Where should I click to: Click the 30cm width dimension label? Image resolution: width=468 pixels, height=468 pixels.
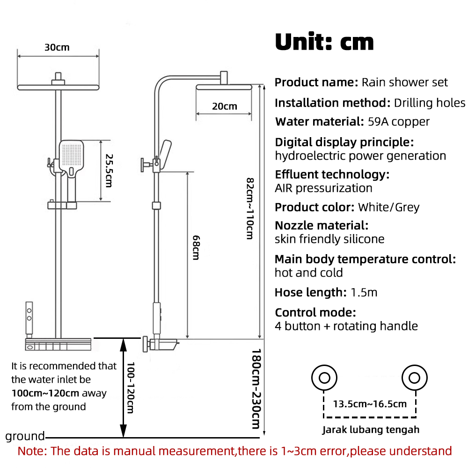point(57,47)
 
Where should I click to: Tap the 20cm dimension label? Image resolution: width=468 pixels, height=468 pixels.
point(224,106)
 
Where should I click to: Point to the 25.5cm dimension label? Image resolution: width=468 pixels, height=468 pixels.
point(109,170)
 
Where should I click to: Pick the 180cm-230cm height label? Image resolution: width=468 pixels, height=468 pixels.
point(255,388)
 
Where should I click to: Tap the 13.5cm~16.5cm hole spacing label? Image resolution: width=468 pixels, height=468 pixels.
point(370,403)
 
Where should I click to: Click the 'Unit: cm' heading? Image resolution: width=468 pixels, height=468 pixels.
point(324,42)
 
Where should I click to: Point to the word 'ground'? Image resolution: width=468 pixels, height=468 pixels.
point(25,436)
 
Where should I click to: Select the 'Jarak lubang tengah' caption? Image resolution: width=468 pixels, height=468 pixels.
point(371,429)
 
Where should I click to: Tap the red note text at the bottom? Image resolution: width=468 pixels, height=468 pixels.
point(234,451)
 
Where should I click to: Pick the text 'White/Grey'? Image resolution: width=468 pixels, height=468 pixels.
point(388,207)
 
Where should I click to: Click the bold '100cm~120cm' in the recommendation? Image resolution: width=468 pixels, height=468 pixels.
point(45,393)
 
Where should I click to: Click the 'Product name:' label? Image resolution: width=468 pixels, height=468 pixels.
point(316,82)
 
